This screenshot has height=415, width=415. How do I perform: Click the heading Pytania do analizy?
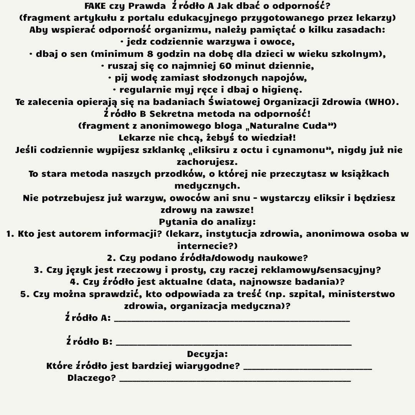tap(207, 222)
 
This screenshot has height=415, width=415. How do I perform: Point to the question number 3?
tap(38, 270)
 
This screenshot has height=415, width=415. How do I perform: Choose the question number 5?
tap(25, 294)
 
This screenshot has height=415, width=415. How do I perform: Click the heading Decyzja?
tap(207, 354)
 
